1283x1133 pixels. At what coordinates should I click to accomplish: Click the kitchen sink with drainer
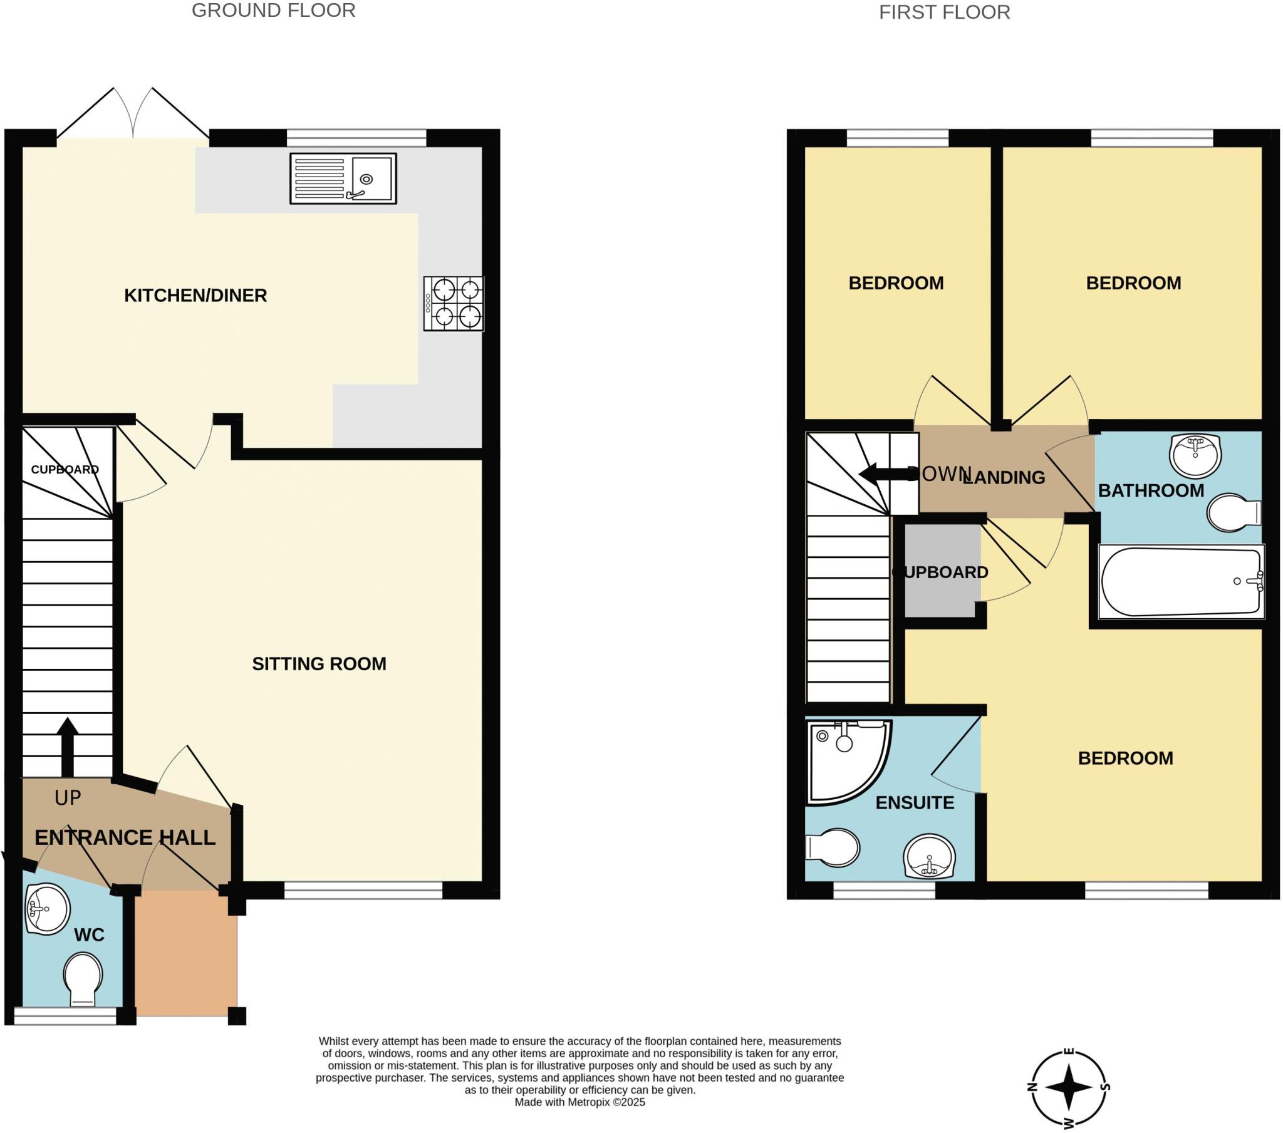[x=343, y=178]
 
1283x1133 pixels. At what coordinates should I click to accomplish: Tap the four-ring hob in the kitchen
[x=453, y=304]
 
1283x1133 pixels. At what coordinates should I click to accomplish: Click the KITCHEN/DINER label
[x=195, y=295]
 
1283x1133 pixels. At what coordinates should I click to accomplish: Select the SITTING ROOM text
[x=319, y=663]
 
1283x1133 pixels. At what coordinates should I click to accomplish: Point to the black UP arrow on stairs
[x=67, y=747]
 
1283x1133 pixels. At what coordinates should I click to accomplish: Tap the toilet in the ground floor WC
[x=83, y=978]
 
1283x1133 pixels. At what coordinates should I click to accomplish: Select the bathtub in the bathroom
[x=1181, y=581]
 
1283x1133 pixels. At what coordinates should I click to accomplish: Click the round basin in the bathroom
[x=1195, y=455]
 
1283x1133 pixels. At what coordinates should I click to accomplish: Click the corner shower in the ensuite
[x=844, y=760]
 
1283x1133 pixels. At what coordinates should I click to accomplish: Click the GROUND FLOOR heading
[x=273, y=11]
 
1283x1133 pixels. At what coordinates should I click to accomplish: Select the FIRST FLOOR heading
[x=944, y=13]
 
